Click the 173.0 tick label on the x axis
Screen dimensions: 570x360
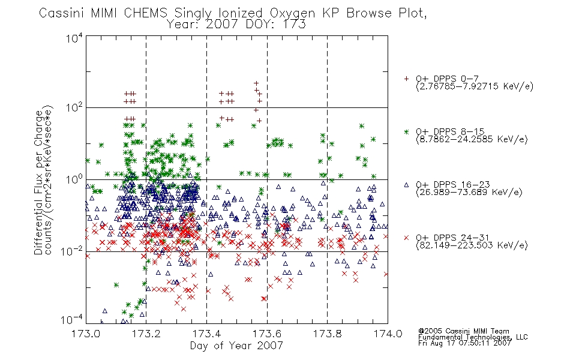(85, 334)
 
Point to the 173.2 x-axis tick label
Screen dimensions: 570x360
(146, 334)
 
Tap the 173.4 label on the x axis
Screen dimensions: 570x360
(206, 334)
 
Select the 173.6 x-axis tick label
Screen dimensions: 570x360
(267, 334)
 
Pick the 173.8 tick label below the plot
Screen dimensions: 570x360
(327, 334)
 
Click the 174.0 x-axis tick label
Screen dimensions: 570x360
(388, 334)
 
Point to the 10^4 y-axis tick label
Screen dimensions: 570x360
(74, 38)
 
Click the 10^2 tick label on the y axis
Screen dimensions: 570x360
(74, 107)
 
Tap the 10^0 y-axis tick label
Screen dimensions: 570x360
(74, 179)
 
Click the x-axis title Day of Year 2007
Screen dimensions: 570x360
(236, 346)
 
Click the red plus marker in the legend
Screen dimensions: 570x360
(406, 79)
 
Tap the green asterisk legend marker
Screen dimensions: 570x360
(406, 131)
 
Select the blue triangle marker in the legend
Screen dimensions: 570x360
(406, 185)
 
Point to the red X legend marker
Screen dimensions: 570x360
(406, 238)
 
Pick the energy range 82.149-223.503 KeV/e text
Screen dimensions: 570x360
(472, 245)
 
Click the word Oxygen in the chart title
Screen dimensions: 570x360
(293, 13)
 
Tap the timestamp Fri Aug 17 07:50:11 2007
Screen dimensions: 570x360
(464, 343)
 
